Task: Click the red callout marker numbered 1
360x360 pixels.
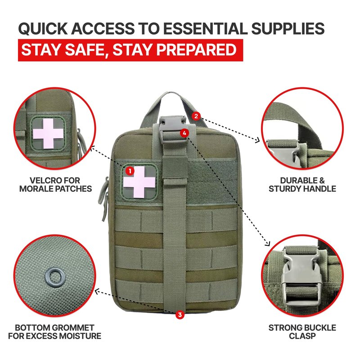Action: coord(130,171)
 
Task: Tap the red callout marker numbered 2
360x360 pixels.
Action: coord(196,116)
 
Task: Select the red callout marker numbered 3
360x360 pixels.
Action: coord(180,315)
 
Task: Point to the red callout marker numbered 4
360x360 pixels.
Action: coord(184,133)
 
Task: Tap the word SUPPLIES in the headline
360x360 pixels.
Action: coord(288,28)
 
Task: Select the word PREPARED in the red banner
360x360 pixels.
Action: coord(197,50)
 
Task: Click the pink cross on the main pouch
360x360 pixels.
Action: coord(139,182)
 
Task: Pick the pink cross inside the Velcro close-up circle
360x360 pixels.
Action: coord(48,133)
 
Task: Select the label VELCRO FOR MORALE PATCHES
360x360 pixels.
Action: coord(55,184)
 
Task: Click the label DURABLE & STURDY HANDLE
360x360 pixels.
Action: coord(302,184)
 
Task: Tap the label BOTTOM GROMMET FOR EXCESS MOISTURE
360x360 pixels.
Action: coord(54,332)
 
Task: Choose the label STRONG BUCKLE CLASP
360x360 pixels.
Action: coord(302,332)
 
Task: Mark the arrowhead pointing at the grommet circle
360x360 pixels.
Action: coord(97,292)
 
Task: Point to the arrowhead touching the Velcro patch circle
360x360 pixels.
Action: coord(92,149)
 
